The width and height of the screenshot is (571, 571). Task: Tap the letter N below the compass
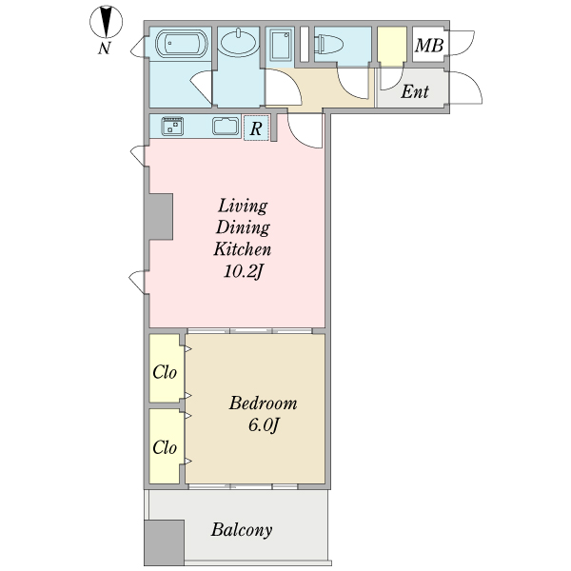(x=105, y=48)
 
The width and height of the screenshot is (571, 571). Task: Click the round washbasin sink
(x=237, y=43)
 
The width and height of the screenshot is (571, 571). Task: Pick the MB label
(x=429, y=45)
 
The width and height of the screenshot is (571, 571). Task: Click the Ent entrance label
(x=414, y=92)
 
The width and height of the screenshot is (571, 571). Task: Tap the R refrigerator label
(x=255, y=127)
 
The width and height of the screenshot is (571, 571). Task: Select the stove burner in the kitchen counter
(x=172, y=126)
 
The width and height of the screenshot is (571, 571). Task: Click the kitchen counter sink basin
(x=226, y=126)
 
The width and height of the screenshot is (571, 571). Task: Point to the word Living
(x=243, y=206)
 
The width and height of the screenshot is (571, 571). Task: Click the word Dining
(x=243, y=227)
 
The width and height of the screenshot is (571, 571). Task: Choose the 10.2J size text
(x=242, y=273)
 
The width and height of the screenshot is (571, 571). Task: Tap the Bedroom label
(x=263, y=403)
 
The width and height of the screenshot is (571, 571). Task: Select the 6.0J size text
(x=263, y=425)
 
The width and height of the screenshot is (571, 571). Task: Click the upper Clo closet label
(x=165, y=371)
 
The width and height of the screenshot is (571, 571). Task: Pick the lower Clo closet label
(x=165, y=446)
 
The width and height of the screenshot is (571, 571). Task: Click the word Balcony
(x=242, y=530)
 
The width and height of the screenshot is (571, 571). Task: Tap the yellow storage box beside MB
(x=391, y=45)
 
